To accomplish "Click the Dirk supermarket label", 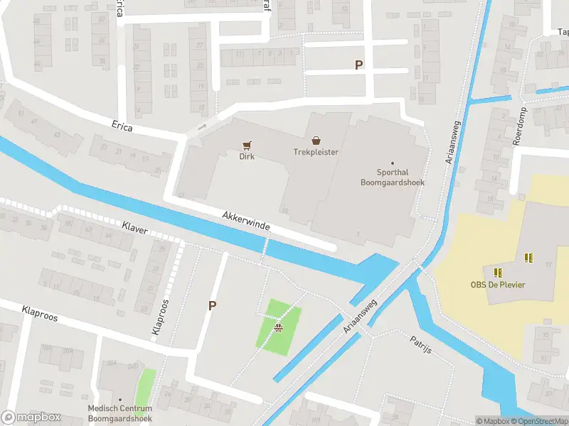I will (246, 156).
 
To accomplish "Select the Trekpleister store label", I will (316, 152).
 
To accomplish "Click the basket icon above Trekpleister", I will (316, 141).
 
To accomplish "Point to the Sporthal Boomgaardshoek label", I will (392, 177).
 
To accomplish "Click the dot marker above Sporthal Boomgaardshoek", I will (392, 163).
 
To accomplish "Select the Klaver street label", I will (134, 226).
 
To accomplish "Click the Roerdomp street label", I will (520, 128).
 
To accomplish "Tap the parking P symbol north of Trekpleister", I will (358, 65).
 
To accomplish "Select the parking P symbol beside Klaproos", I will (211, 305).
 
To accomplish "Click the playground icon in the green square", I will (279, 327).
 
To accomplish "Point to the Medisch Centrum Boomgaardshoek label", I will (119, 413).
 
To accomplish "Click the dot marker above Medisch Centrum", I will (119, 400).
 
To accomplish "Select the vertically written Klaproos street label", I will (160, 317).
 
